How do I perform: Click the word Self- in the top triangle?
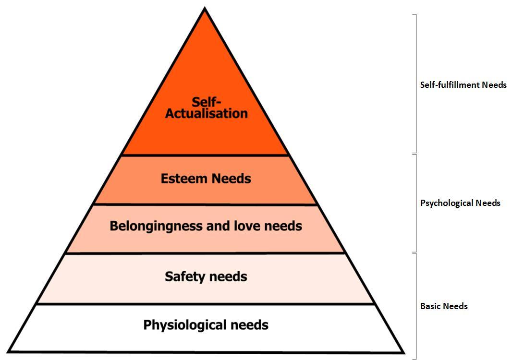point(206,102)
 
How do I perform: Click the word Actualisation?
point(207,114)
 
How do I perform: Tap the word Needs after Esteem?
point(231,179)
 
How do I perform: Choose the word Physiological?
point(185,325)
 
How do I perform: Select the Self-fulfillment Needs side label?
point(463,85)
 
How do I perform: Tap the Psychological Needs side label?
point(460,203)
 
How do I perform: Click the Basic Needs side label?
point(444,306)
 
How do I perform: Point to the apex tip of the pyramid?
point(205,9)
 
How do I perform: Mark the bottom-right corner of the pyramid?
point(402,351)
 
